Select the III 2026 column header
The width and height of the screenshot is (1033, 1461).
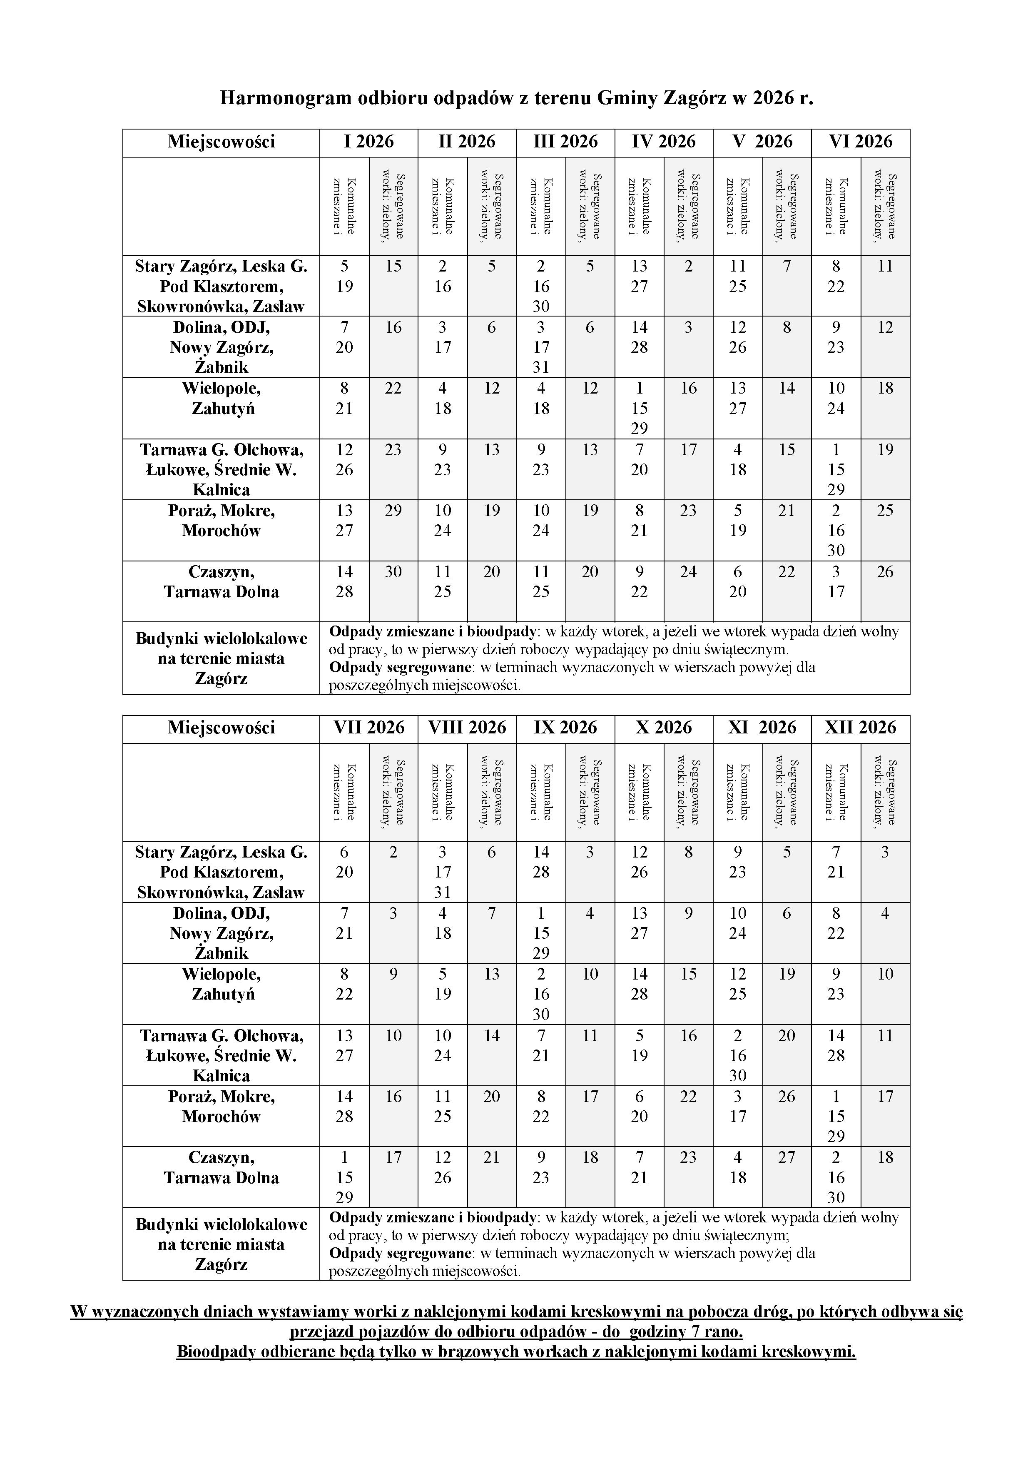pyautogui.click(x=565, y=141)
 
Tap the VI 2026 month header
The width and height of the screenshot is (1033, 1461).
pyautogui.click(x=861, y=141)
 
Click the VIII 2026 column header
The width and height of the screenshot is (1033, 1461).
pyautogui.click(x=467, y=727)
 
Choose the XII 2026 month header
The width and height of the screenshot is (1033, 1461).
pyautogui.click(x=861, y=727)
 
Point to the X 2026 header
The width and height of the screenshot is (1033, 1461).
pyautogui.click(x=663, y=727)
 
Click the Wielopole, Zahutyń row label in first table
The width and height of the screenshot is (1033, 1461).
pyautogui.click(x=222, y=398)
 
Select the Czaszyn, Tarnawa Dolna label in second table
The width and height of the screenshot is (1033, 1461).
pyautogui.click(x=222, y=1168)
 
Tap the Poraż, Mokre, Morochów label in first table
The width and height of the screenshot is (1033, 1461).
pyautogui.click(x=222, y=521)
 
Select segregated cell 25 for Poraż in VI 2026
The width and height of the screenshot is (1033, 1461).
pyautogui.click(x=886, y=511)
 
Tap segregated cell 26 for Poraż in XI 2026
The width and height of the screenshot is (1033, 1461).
pyautogui.click(x=787, y=1097)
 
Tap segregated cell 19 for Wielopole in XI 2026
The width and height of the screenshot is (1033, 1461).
pyautogui.click(x=787, y=974)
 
